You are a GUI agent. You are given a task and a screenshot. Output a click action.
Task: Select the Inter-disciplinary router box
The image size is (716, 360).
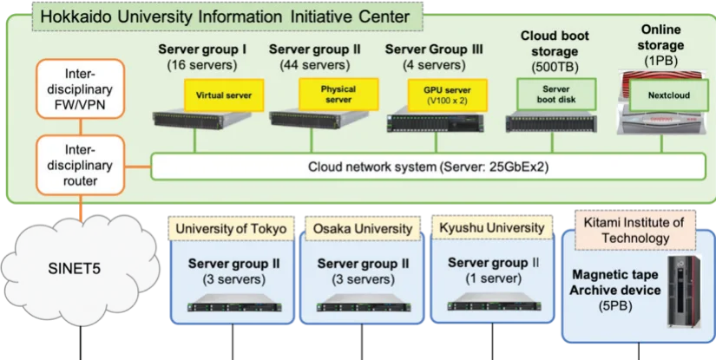click(76, 165)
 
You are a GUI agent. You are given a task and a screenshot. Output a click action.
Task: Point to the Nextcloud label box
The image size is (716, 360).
click(670, 95)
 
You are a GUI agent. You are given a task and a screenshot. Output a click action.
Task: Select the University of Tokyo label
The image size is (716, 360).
click(230, 229)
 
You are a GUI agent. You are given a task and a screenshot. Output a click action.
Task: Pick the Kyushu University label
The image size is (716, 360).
click(491, 229)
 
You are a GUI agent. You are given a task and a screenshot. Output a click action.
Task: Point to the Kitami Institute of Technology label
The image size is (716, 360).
click(635, 230)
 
